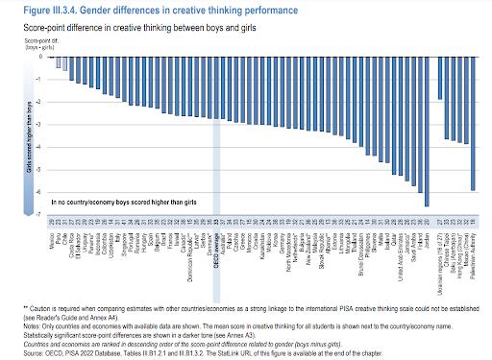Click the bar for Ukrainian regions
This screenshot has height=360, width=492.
pyautogui.click(x=440, y=78)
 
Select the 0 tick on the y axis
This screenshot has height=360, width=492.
pyautogui.click(x=39, y=56)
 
